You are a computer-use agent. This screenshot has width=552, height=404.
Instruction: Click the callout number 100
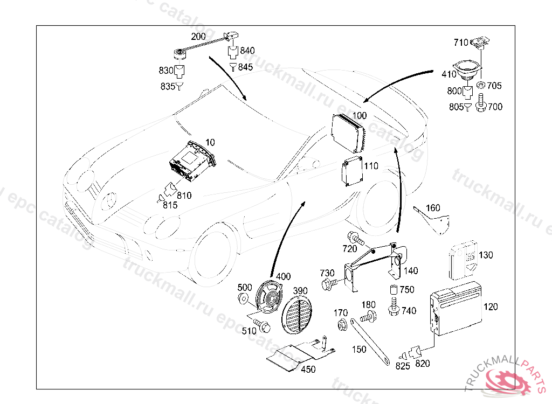coord(360,116)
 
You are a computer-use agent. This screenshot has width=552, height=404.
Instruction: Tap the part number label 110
coord(371,166)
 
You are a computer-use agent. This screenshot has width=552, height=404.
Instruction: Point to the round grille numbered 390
coord(296,317)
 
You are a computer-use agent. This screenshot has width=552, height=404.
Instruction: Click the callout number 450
coord(308,370)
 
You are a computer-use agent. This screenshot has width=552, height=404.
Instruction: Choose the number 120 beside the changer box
coord(491,307)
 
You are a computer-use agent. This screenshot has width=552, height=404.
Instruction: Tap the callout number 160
coord(433,208)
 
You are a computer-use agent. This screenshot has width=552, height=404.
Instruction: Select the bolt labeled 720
coord(356,237)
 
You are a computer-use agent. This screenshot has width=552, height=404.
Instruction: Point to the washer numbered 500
coord(243,298)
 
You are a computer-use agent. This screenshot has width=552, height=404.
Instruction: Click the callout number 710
coord(461,42)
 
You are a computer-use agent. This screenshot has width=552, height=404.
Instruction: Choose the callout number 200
coord(198,37)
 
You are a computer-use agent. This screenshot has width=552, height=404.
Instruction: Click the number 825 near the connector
coord(403,366)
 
